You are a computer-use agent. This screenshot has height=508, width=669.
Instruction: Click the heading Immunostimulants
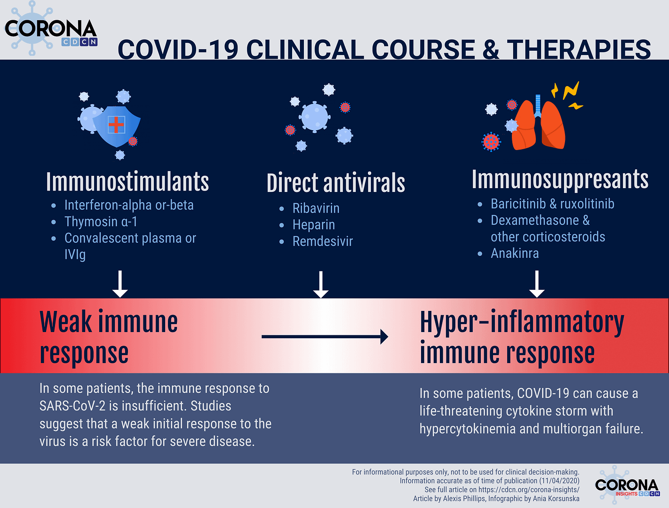point(127,182)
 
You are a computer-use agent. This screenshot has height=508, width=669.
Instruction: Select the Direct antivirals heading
point(335,183)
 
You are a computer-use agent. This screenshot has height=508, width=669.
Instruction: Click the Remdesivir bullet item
point(322,241)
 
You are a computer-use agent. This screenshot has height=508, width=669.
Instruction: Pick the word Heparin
point(314,225)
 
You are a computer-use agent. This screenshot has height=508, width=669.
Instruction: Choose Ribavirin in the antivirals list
point(316,208)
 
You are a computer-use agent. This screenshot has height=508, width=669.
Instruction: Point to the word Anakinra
point(515,253)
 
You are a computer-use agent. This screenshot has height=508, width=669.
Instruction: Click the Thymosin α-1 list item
point(101,222)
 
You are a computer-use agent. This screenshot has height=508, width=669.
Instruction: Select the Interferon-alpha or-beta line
point(129,205)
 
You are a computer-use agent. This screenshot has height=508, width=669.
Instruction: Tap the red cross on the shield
point(116,125)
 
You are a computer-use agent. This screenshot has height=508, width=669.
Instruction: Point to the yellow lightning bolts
point(567,95)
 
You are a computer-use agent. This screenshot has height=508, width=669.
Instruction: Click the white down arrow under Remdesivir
point(321,284)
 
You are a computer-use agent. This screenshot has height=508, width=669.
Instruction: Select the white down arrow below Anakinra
point(537,284)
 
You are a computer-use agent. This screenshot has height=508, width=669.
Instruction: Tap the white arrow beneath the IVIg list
point(120,284)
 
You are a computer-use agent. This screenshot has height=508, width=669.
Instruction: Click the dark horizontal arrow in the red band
point(325,336)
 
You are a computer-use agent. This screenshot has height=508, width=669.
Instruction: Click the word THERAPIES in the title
point(579,49)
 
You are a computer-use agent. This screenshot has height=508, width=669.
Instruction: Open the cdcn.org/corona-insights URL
point(529,490)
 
